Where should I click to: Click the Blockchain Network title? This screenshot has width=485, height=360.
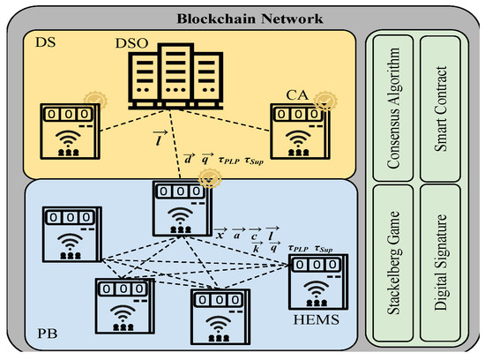click(x=242, y=15)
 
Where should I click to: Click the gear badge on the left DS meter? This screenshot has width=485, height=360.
click(x=92, y=101)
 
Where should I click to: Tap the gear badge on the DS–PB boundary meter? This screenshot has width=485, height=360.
click(x=209, y=179)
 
